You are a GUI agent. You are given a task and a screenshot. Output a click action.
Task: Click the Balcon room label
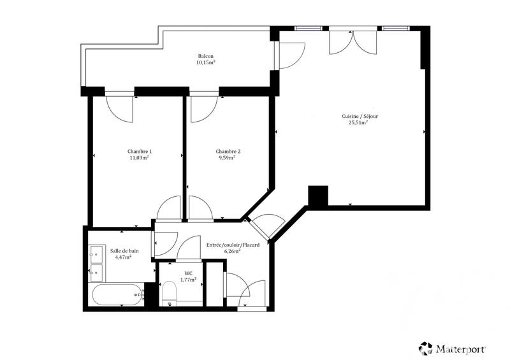[205, 56]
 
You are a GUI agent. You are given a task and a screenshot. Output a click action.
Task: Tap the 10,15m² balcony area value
[205, 62]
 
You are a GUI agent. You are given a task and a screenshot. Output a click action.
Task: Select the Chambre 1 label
[139, 151]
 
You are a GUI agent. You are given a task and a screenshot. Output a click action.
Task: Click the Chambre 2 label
[228, 151]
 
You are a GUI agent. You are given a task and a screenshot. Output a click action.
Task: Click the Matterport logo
[453, 348]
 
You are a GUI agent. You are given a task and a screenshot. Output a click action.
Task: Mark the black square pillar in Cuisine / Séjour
[317, 195]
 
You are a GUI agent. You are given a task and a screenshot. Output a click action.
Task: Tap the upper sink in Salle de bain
[97, 255]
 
